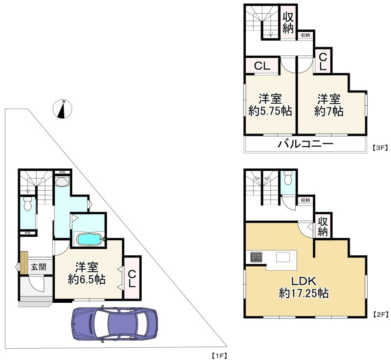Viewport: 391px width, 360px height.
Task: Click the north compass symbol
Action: point(63,109)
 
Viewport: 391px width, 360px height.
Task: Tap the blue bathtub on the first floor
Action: point(89,239)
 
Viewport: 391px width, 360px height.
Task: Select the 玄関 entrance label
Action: point(39,267)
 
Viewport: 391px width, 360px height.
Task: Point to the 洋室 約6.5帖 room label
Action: point(87,273)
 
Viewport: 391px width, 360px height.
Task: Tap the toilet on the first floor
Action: point(27,203)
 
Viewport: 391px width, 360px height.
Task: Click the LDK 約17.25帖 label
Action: point(304,287)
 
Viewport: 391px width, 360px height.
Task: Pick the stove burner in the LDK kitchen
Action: point(257,257)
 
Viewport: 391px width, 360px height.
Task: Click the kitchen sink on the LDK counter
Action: point(283,257)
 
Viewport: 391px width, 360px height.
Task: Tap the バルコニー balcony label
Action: point(306,144)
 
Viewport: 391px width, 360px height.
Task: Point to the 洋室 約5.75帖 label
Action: point(270,105)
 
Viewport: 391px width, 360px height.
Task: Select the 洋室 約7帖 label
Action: point(328,105)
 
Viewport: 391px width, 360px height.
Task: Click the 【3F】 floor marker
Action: point(380,148)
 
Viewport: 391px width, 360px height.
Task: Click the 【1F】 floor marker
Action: point(219,355)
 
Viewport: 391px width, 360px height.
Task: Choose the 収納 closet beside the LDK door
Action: point(323,226)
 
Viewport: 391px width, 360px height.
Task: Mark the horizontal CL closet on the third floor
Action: point(262,66)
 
